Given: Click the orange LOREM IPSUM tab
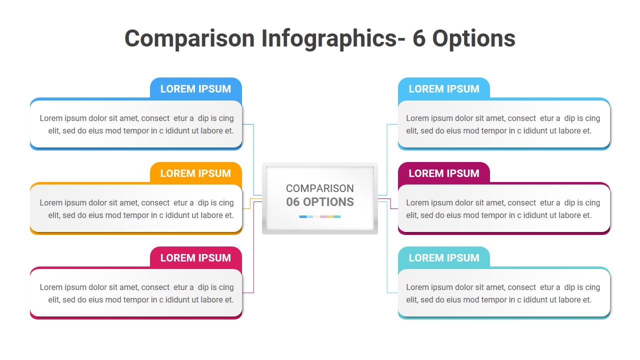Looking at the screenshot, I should coord(195,173).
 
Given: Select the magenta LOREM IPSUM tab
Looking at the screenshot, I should coord(443,173).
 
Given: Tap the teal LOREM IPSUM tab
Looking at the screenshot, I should coord(443,257).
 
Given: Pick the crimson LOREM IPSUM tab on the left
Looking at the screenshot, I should coord(195,257).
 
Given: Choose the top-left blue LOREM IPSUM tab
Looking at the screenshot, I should coord(195,88).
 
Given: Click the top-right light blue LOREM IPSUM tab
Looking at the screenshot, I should coord(443,88).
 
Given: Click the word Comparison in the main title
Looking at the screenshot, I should coord(189,38).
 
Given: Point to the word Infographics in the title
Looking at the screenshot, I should coord(329,38).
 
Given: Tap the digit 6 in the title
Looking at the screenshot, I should coord(418,38).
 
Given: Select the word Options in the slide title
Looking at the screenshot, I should coord(473,38).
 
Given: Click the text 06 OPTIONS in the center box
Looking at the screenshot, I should coord(320,202).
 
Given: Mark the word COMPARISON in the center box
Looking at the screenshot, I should coord(320,188).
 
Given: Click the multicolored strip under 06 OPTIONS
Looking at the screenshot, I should coord(320,216).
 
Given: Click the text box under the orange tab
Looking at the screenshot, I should coord(136,208).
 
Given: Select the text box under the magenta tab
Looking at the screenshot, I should coord(504,208).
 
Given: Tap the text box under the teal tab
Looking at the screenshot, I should coord(504,293).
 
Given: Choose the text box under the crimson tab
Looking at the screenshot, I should coord(136,293).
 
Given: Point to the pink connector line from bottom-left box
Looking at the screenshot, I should coord(254,250).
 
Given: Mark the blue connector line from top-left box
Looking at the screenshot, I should coord(254,160).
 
